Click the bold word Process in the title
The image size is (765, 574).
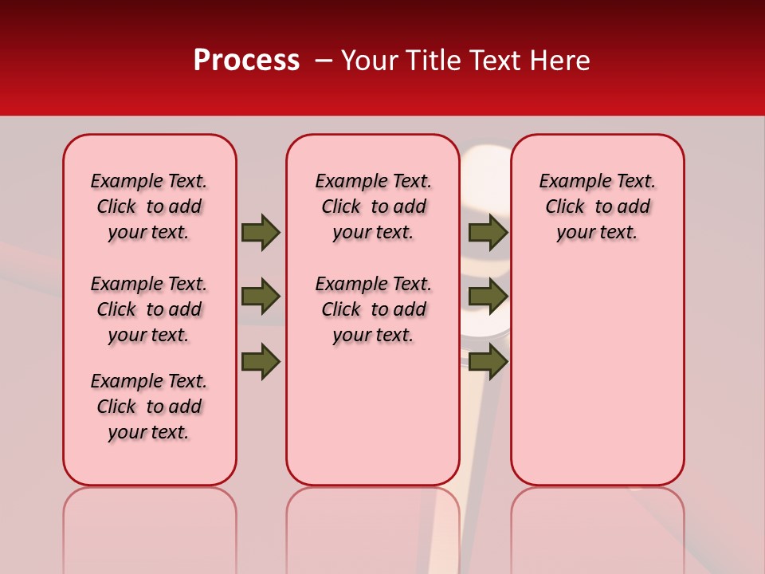click(246, 61)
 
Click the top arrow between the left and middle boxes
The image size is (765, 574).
click(261, 232)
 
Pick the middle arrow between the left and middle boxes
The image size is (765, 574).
click(261, 297)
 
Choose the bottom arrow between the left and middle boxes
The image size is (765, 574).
click(261, 361)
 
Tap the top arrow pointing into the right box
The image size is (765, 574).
click(488, 232)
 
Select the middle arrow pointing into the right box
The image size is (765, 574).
click(488, 297)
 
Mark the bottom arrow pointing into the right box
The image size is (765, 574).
click(488, 361)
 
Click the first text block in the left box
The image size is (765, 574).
click(149, 206)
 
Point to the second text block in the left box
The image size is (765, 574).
click(149, 309)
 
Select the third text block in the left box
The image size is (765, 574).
click(149, 407)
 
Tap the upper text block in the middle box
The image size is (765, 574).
click(373, 206)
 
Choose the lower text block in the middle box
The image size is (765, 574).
click(373, 309)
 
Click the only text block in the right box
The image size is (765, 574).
click(597, 206)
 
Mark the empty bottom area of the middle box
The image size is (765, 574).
click(373, 423)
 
